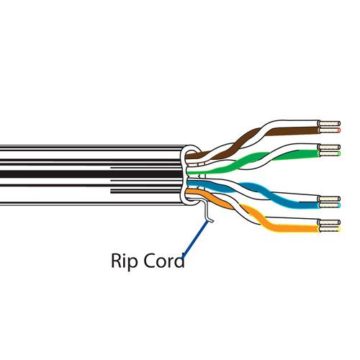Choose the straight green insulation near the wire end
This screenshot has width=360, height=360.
302,153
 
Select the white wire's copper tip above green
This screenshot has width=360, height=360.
333,146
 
